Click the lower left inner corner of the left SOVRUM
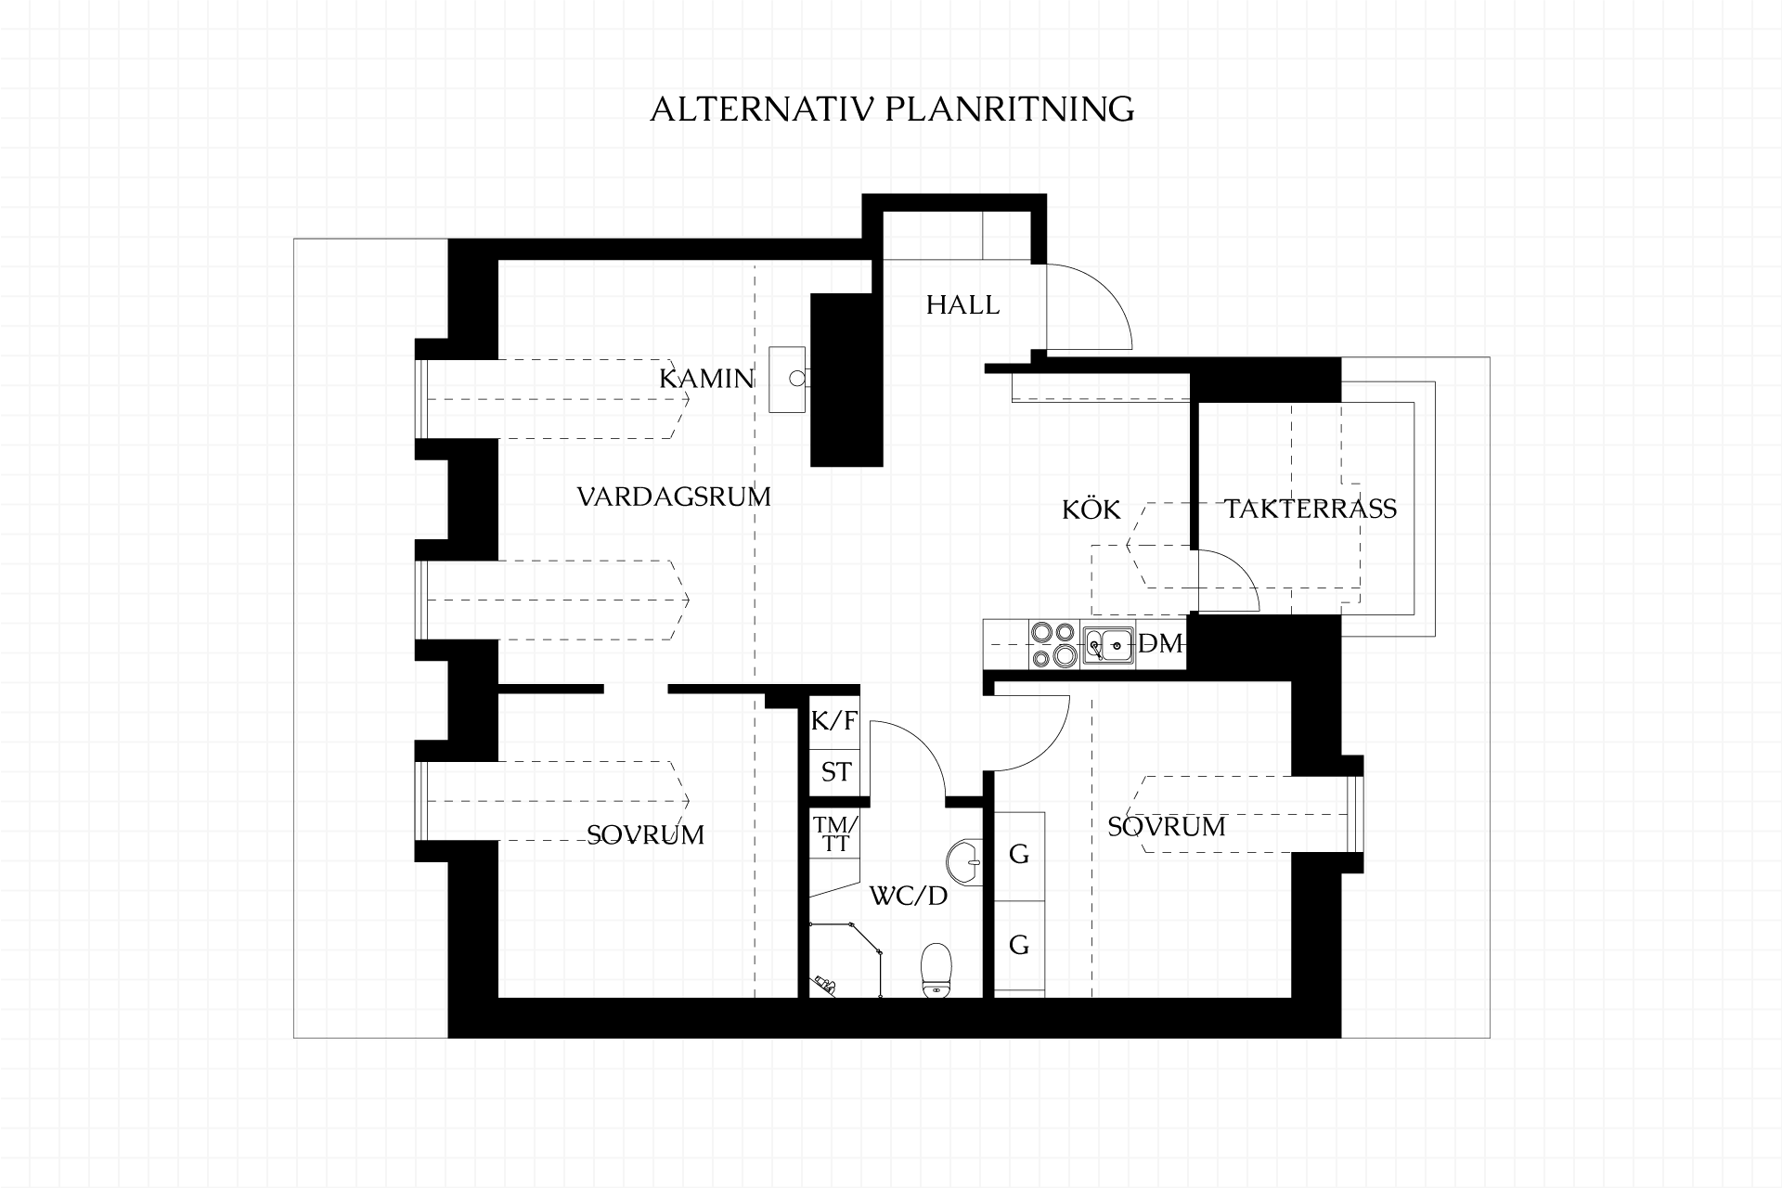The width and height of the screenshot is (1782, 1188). pos(499,998)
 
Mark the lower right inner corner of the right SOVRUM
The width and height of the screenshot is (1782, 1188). pos(1291,998)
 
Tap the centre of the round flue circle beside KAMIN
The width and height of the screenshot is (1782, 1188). pos(797,378)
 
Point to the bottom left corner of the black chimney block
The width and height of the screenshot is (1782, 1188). pos(811,466)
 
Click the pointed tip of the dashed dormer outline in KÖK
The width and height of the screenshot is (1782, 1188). pos(1127,545)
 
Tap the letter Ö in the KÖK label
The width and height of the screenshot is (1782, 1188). pos(1091,509)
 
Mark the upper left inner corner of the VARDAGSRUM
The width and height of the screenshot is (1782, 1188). pos(499,261)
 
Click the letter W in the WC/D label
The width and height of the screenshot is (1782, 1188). pos(883,897)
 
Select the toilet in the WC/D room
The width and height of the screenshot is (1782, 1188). pos(936,970)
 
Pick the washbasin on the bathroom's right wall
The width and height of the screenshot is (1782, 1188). pos(965,862)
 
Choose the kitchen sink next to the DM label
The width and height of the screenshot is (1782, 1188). pos(1109,644)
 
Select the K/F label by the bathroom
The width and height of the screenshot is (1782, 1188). pos(834,721)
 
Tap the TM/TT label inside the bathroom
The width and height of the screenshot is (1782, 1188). pos(835,833)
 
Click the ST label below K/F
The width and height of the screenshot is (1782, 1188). pos(835,772)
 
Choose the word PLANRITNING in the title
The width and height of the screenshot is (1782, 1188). pos(1009,110)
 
